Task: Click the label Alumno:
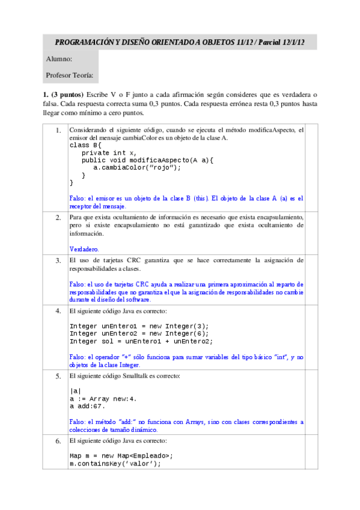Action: [59, 59]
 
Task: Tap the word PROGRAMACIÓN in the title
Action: [82, 42]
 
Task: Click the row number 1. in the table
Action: [58, 131]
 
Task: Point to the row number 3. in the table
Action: [58, 260]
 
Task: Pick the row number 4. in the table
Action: [58, 311]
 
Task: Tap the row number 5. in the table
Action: [58, 376]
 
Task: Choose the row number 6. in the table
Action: [58, 441]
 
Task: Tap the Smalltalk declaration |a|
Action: [75, 391]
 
